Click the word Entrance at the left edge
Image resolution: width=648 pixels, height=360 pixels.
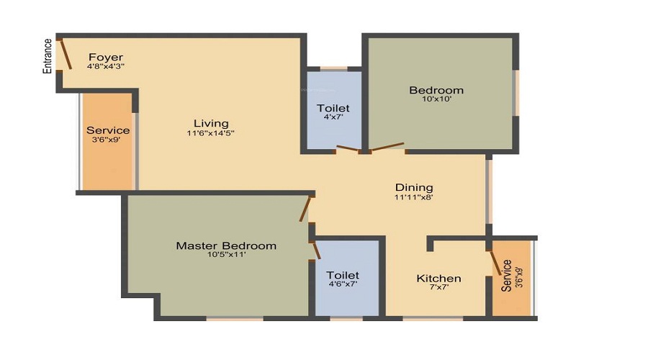[48, 56]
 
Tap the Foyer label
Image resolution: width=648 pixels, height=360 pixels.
[106, 57]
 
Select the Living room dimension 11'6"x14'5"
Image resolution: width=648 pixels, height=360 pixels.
[210, 132]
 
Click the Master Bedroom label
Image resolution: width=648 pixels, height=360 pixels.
[226, 246]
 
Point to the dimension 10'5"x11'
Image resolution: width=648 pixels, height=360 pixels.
[226, 255]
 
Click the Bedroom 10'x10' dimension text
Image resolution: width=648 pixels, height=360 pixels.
[436, 99]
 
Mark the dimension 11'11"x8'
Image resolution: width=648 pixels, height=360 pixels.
[413, 197]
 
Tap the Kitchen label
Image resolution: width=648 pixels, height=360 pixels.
[438, 279]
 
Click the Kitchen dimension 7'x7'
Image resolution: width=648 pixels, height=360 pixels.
[438, 288]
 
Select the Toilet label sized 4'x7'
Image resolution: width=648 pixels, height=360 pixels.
[333, 108]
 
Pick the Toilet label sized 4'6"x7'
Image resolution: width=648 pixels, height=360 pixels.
[342, 275]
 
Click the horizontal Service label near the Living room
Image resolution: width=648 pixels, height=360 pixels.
[108, 130]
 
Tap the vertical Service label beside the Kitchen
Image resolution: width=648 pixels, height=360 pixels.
[506, 275]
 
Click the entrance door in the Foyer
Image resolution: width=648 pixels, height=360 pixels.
[65, 55]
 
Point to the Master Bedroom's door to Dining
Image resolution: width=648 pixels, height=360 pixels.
[306, 209]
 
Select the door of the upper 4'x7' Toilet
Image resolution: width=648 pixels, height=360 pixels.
[347, 149]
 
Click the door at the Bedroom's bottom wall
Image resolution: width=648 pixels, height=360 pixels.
[387, 148]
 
